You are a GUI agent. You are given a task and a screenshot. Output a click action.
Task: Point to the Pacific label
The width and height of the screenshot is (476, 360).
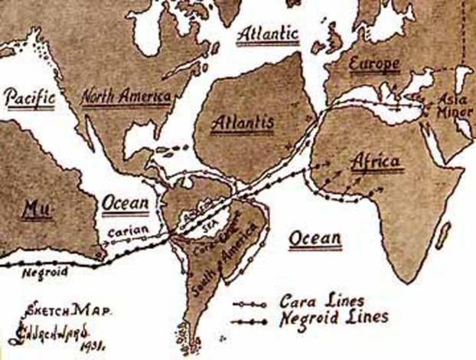click(x=31, y=97)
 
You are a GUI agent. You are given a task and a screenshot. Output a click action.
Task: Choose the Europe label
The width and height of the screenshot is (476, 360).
click(x=374, y=64)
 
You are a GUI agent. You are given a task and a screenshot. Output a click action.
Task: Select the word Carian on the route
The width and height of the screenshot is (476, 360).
click(x=123, y=228)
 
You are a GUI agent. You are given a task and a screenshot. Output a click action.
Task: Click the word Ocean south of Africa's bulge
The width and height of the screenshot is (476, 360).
click(x=315, y=239)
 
